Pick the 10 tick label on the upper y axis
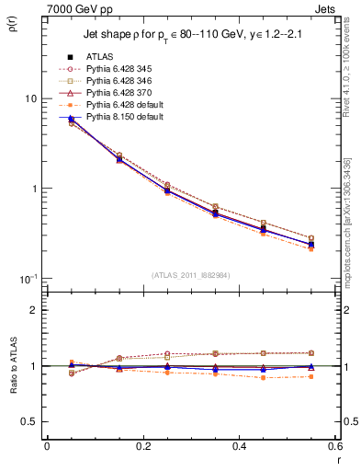(29, 98)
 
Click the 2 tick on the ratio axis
(34, 310)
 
